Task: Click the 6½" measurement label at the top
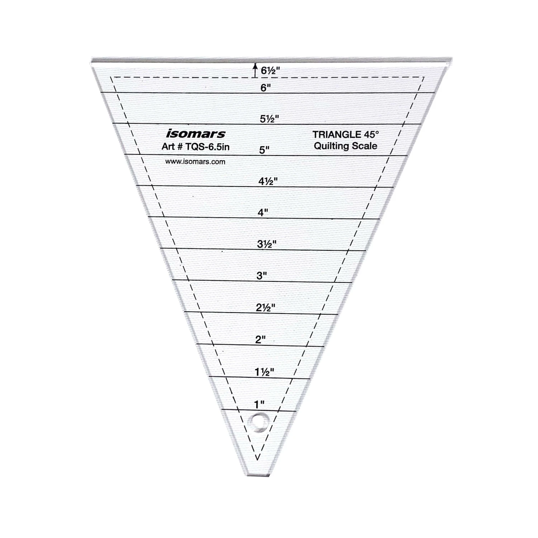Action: (x=270, y=71)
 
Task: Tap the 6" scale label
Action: (x=266, y=88)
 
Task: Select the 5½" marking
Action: (x=269, y=119)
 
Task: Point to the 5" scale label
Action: (x=264, y=150)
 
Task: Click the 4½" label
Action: (x=268, y=181)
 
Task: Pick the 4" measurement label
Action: (x=263, y=213)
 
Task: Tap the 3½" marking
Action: (x=267, y=244)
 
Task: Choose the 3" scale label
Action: (x=262, y=276)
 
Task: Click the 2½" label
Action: (x=266, y=307)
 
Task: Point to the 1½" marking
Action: (x=265, y=372)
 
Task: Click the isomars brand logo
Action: (x=195, y=134)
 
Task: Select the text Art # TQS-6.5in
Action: (x=195, y=147)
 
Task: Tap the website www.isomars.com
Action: (x=195, y=162)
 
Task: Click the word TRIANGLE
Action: (x=336, y=134)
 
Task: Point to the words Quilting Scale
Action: (x=345, y=146)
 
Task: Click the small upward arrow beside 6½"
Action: (x=255, y=70)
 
